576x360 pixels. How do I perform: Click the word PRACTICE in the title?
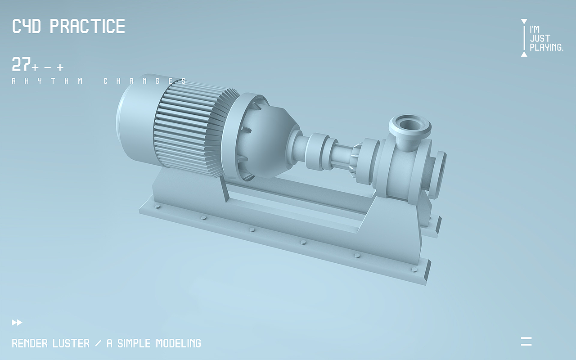[87, 26]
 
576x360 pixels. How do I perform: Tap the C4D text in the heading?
[27, 26]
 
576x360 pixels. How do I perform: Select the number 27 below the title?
[21, 64]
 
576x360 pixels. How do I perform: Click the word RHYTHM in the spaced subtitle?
[48, 81]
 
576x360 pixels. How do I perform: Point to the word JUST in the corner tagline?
[540, 39]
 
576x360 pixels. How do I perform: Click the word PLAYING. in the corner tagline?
[547, 47]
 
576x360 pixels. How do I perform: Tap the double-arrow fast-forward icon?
[17, 323]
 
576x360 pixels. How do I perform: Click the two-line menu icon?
[526, 342]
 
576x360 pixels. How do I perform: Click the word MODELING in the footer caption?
[179, 343]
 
